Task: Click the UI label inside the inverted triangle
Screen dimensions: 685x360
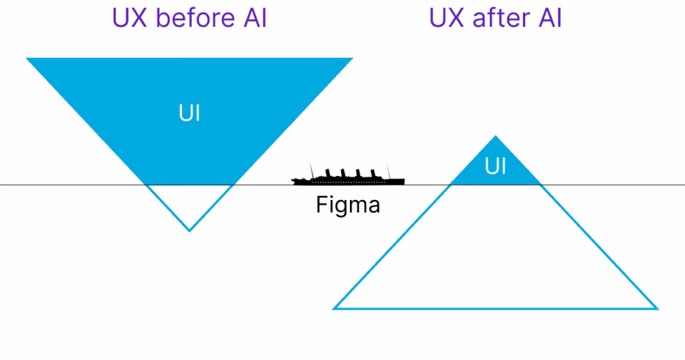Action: click(x=189, y=114)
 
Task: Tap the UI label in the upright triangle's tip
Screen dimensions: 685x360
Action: click(x=495, y=166)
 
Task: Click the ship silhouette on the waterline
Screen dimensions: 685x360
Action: click(x=348, y=176)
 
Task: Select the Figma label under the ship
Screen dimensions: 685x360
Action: click(x=348, y=205)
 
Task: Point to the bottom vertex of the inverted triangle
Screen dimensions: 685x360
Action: click(x=190, y=231)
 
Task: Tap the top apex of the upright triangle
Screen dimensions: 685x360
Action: click(x=495, y=135)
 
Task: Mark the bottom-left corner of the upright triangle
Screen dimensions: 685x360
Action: click(x=333, y=308)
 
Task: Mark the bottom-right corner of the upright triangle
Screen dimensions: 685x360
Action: click(x=658, y=308)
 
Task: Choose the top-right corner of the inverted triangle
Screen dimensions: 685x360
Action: click(x=353, y=58)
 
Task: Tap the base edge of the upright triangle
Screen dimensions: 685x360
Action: click(x=495, y=308)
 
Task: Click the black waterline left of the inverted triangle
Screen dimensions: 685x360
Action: click(x=67, y=184)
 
